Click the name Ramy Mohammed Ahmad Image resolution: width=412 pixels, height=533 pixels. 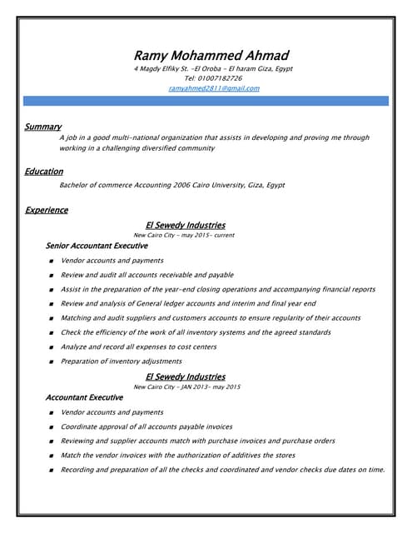pyautogui.click(x=213, y=55)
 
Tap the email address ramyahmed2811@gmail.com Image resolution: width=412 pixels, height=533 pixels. pyautogui.click(x=213, y=88)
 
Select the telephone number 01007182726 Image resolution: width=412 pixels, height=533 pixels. pyautogui.click(x=213, y=78)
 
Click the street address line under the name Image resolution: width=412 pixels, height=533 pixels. pyautogui.click(x=213, y=68)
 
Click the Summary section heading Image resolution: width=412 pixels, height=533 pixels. pyautogui.click(x=43, y=127)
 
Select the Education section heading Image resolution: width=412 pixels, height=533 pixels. pyautogui.click(x=44, y=172)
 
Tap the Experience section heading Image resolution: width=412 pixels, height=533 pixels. pyautogui.click(x=47, y=211)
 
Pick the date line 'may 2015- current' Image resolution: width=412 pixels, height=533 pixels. pyautogui.click(x=184, y=236)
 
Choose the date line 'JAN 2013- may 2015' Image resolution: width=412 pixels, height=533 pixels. pyautogui.click(x=186, y=387)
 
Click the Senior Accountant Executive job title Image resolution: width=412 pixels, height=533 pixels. pyautogui.click(x=97, y=247)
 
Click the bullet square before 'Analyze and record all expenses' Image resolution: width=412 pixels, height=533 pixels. pyautogui.click(x=52, y=347)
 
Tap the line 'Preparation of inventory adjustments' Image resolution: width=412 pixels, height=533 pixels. pyautogui.click(x=121, y=361)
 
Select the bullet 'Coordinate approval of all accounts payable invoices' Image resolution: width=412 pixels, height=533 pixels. pyautogui.click(x=146, y=426)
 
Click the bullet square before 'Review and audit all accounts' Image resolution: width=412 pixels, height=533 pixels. pyautogui.click(x=52, y=276)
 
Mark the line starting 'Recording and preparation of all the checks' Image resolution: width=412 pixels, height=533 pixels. pyautogui.click(x=222, y=470)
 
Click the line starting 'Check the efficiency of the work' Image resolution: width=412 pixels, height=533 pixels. pyautogui.click(x=196, y=332)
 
